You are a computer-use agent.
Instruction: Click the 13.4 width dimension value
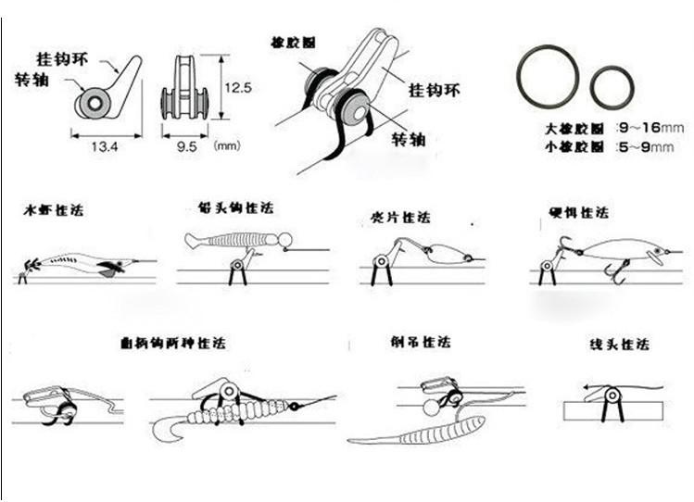(106, 144)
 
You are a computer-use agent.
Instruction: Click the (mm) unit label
(226, 145)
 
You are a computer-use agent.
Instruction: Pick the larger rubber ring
(548, 75)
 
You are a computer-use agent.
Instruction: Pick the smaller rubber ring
(612, 86)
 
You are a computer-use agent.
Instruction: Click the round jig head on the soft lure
(285, 240)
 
